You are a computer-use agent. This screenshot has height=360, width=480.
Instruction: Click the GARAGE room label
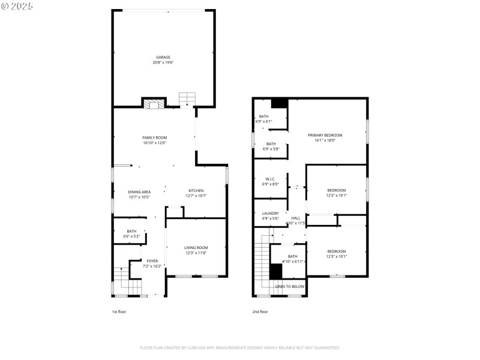point(163,58)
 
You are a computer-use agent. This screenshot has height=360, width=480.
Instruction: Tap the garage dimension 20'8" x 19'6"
point(163,62)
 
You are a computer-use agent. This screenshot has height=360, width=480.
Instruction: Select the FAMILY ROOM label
point(154,137)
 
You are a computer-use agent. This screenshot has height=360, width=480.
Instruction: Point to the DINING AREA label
point(139,191)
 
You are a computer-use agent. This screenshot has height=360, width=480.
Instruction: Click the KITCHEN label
point(196,191)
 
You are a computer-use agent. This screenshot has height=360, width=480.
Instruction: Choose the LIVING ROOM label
point(196,247)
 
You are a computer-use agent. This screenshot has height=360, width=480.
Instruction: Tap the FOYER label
point(152,260)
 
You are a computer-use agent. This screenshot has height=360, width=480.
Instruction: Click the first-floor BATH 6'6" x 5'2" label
point(131,232)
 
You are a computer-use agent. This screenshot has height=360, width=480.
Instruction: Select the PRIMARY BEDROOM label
point(325,135)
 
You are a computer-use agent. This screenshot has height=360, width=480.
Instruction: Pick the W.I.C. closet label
point(270,179)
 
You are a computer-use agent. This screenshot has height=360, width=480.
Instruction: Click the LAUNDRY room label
point(270,213)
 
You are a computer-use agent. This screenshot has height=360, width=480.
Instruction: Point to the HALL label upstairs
point(295,218)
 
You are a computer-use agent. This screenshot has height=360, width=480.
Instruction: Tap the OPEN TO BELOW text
point(290,287)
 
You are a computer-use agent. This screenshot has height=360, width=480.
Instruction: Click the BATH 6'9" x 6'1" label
point(263,116)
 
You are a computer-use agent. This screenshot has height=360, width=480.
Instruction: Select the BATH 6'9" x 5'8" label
point(271,143)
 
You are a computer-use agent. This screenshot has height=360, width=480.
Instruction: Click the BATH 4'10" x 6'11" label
point(292,256)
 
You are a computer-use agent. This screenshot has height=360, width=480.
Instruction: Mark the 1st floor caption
point(119,311)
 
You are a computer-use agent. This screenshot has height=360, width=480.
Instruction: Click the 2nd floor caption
point(260,311)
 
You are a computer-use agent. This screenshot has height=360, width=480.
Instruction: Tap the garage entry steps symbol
point(187,98)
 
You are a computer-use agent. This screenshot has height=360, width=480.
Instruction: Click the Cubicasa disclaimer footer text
point(239,347)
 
